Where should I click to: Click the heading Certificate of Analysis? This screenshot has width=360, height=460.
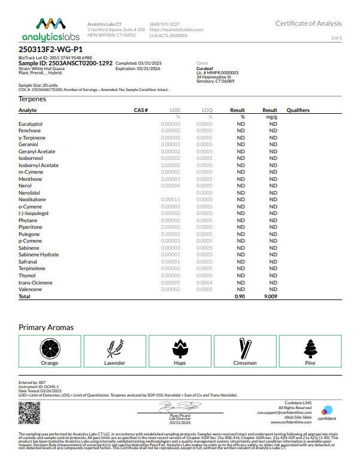[x=308, y=23]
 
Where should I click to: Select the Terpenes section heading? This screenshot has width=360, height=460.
[x=32, y=98]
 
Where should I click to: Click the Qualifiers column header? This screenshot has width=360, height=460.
[x=298, y=110]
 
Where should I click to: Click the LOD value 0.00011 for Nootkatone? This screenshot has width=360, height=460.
[x=171, y=199]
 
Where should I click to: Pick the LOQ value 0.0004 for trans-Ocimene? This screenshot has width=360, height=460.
[x=204, y=283]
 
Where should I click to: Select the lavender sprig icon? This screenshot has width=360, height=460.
[x=114, y=348]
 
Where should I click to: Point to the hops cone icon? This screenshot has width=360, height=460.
[x=180, y=348]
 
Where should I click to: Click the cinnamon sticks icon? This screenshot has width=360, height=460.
[x=244, y=348]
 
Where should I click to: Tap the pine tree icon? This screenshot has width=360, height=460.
[x=310, y=348]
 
